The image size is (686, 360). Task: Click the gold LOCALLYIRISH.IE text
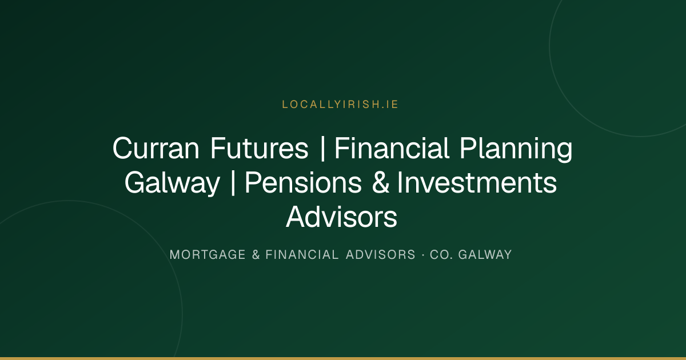coord(340,105)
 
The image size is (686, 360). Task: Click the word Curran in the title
coord(156,149)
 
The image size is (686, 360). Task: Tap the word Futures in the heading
coord(259,149)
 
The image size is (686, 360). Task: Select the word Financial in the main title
coord(392,148)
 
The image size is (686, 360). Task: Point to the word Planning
coord(516,149)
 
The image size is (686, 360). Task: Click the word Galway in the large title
coord(173,183)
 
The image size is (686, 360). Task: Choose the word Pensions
coord(303,183)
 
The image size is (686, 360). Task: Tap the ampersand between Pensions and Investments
coord(381,183)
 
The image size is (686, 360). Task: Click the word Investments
coord(477,183)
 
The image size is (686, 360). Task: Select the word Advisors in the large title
coord(341,217)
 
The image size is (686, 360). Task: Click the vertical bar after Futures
coord(322,149)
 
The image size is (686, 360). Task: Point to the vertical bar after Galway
coord(233,183)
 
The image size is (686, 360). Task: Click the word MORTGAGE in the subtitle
coord(208,255)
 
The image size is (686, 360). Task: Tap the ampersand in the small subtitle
coord(256,255)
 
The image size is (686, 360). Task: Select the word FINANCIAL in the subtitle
coord(302,255)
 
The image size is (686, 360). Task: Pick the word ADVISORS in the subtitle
coord(380,255)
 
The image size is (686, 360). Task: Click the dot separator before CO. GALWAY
coord(423,255)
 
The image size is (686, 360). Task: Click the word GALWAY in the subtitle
coord(485,255)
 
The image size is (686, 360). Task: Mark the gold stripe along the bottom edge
coord(343,358)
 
